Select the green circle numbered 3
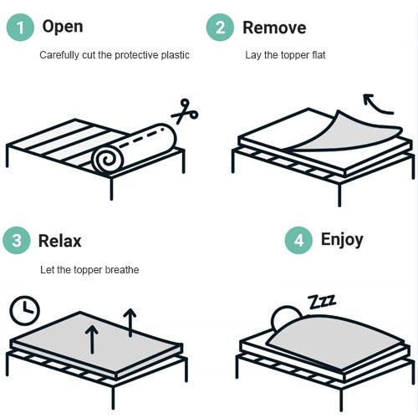tap(16, 242)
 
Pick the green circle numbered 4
tap(298, 241)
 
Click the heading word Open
tap(62, 27)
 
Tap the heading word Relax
tap(60, 242)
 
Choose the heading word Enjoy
tap(342, 240)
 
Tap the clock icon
tap(24, 311)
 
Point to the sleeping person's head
tap(285, 317)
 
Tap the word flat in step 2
tap(315, 55)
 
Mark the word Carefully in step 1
tap(60, 55)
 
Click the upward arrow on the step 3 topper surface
tap(91, 339)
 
